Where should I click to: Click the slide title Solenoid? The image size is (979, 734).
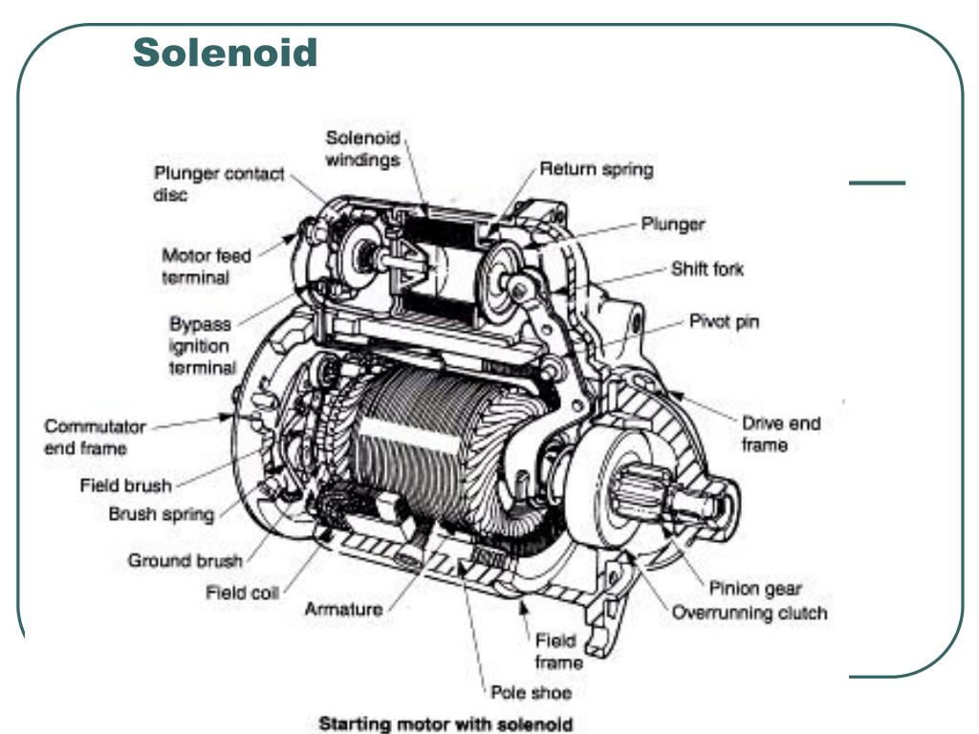226,53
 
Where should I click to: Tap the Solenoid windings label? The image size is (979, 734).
362,148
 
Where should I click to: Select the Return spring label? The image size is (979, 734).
597,169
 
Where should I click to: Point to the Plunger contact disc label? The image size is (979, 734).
219,183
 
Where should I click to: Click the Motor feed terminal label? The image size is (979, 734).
207,267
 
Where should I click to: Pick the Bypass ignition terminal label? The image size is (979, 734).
203,346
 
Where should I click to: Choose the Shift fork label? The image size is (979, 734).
707,269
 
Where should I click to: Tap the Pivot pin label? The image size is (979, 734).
725,321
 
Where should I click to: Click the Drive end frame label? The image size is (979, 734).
780,434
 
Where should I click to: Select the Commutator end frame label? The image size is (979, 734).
95,437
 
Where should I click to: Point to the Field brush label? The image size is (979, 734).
125,485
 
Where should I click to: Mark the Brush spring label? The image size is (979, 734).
161,514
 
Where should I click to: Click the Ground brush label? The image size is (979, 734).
185,560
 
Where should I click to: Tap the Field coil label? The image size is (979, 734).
242,592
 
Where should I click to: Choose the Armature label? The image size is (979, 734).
343,609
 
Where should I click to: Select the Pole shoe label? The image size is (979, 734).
531,692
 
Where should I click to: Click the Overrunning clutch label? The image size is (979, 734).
750,613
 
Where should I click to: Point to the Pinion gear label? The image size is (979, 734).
755,588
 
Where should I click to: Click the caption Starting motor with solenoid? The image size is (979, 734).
446,724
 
